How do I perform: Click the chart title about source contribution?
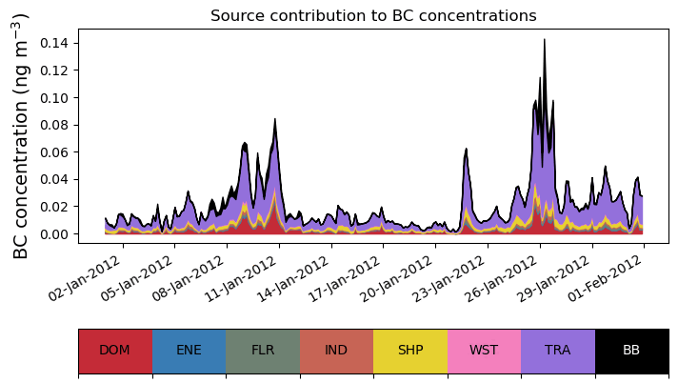pyautogui.click(x=373, y=16)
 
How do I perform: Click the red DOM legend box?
pyautogui.click(x=115, y=351)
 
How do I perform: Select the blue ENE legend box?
pyautogui.click(x=189, y=351)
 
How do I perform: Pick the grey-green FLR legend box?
pyautogui.click(x=263, y=351)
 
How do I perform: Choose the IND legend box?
pyautogui.click(x=336, y=351)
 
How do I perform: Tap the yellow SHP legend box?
pyautogui.click(x=410, y=351)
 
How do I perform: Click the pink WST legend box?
pyautogui.click(x=484, y=351)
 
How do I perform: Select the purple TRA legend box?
pyautogui.click(x=558, y=351)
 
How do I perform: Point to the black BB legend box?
pyautogui.click(x=631, y=351)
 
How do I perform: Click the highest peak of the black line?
pyautogui.click(x=544, y=40)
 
